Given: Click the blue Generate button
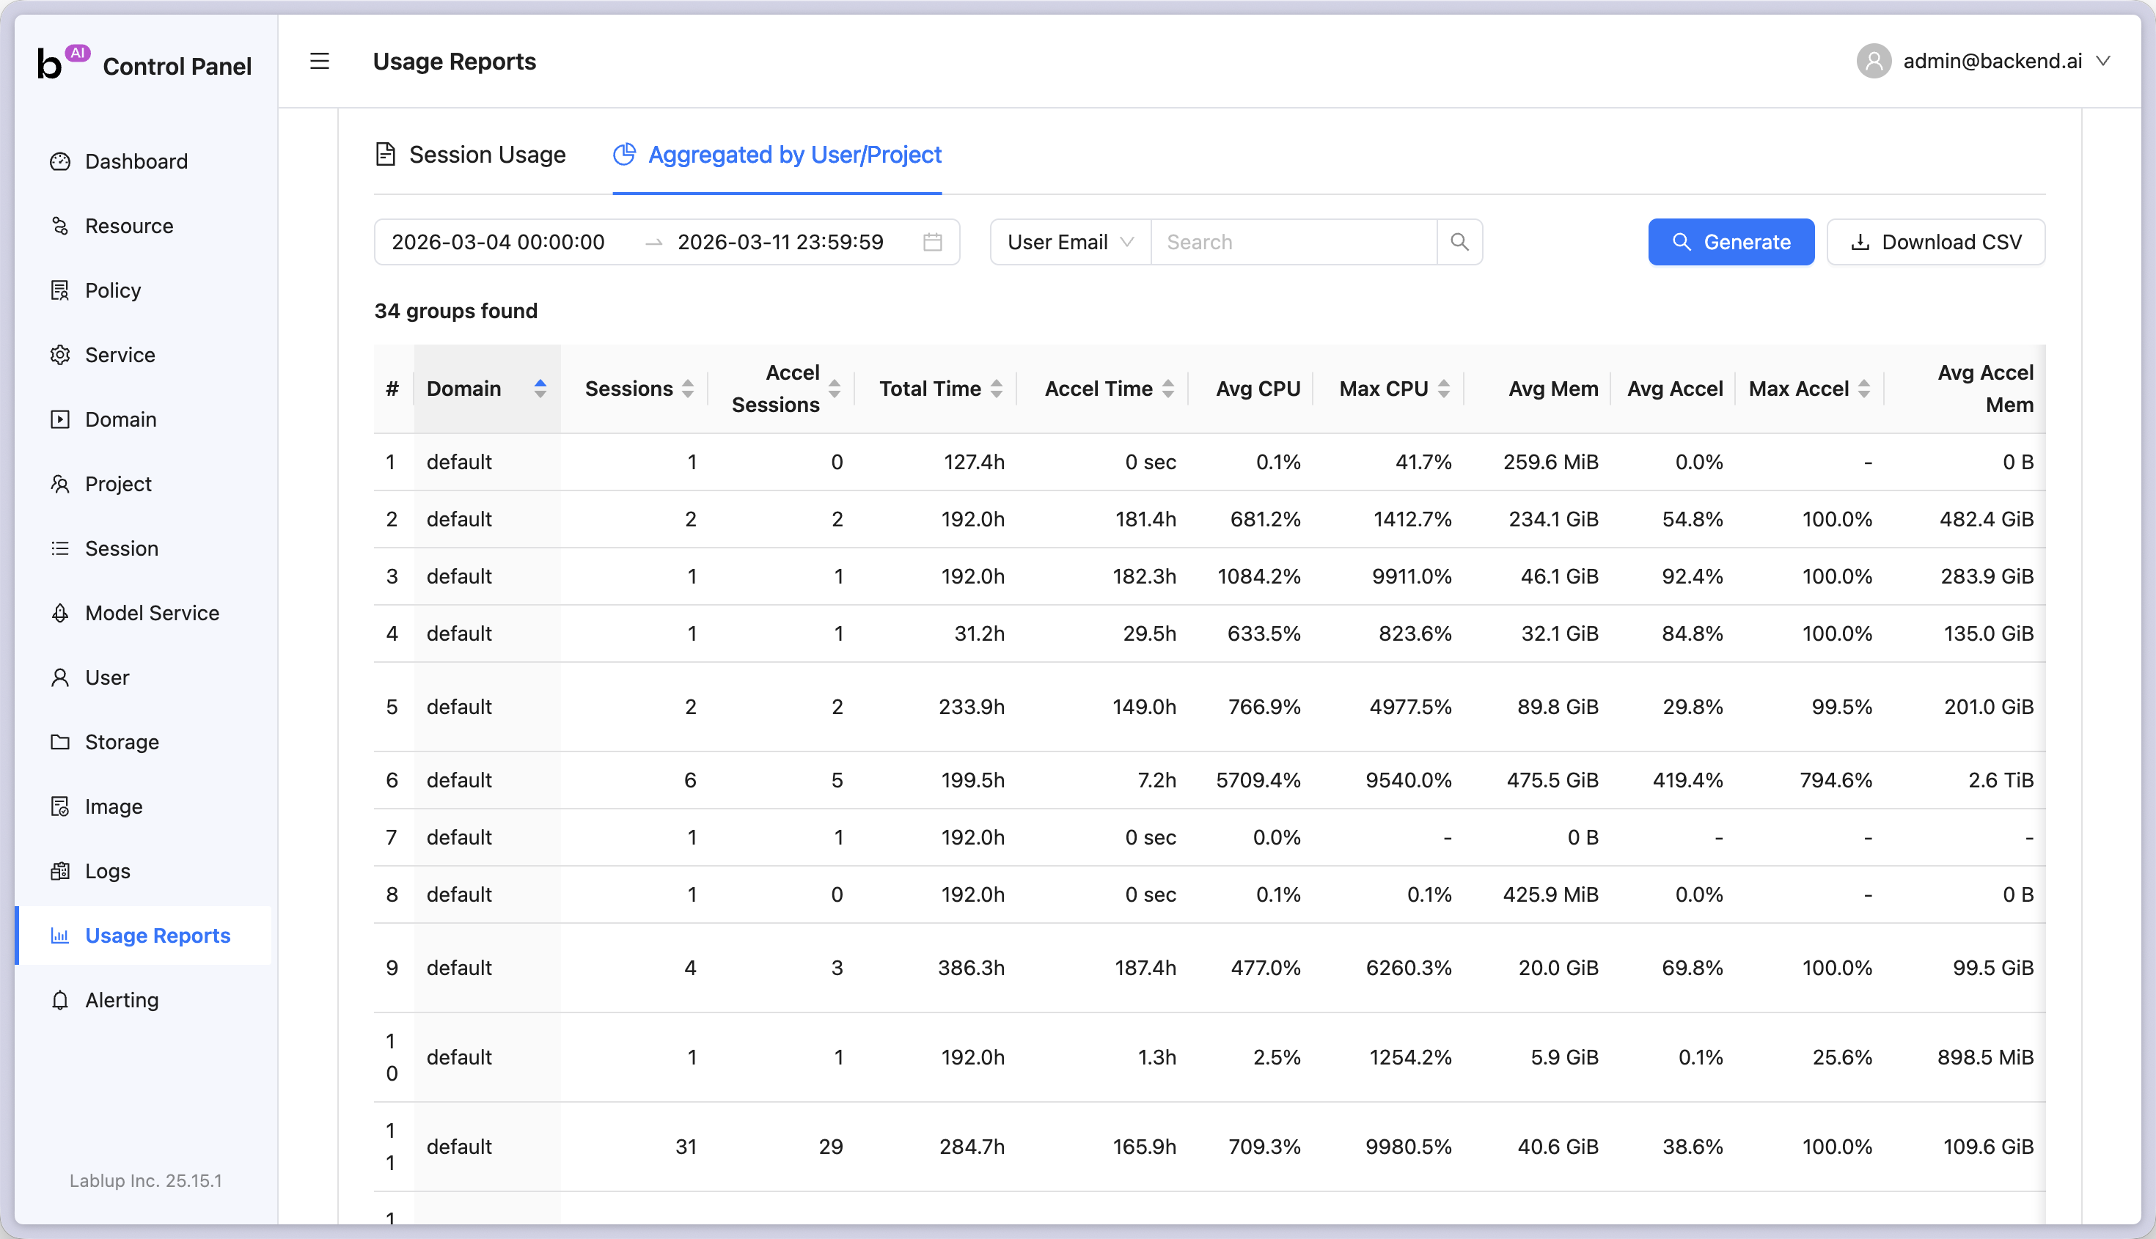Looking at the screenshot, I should click(x=1731, y=243).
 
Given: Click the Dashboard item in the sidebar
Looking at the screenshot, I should click(x=136, y=162).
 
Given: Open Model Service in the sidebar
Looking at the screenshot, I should click(x=152, y=613).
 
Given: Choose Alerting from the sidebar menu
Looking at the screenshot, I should click(x=122, y=1000).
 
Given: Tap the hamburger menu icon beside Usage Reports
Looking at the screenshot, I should click(x=319, y=62).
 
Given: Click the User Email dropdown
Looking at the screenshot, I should click(x=1070, y=243).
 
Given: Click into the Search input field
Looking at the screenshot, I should click(x=1292, y=243).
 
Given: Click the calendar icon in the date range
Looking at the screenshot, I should click(x=932, y=243).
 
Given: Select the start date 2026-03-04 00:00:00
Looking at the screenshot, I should click(x=498, y=243).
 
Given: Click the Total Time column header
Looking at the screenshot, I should click(x=929, y=389).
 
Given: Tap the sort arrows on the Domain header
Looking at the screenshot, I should click(x=540, y=389).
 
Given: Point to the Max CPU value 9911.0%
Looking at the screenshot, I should click(x=1411, y=576).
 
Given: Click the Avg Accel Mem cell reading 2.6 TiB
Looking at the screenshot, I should click(x=2001, y=780).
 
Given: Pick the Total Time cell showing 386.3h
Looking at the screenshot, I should click(x=970, y=968).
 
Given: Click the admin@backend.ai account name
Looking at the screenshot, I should click(x=1992, y=62).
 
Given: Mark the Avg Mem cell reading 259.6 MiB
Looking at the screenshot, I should click(x=1550, y=462).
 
